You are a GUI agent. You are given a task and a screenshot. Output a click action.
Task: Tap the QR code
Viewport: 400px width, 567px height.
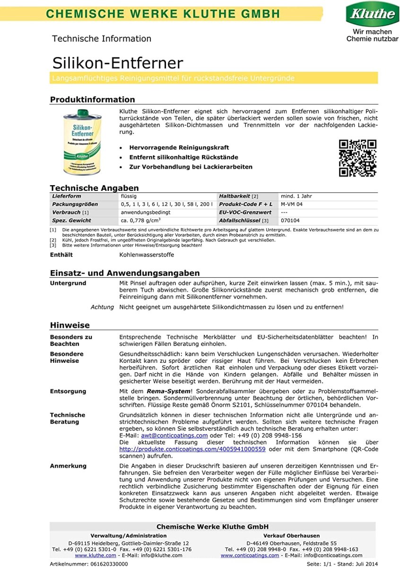357,158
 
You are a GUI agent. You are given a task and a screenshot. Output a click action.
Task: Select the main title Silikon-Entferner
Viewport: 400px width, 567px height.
117,63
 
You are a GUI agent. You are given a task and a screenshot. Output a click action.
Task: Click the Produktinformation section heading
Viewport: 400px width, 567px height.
93,99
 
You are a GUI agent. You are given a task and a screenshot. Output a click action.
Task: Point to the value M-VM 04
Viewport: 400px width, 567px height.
291,204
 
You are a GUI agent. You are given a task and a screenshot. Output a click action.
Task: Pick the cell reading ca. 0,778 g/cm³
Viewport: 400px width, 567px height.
140,221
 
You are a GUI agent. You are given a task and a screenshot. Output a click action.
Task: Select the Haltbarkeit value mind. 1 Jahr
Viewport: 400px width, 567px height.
296,196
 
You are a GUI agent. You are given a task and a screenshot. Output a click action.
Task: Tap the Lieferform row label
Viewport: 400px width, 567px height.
67,196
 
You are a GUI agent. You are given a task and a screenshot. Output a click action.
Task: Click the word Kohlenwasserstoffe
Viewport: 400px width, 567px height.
147,255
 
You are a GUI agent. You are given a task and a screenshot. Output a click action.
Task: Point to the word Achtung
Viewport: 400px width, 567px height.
102,307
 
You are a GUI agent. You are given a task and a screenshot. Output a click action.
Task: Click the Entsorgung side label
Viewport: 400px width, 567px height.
68,391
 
